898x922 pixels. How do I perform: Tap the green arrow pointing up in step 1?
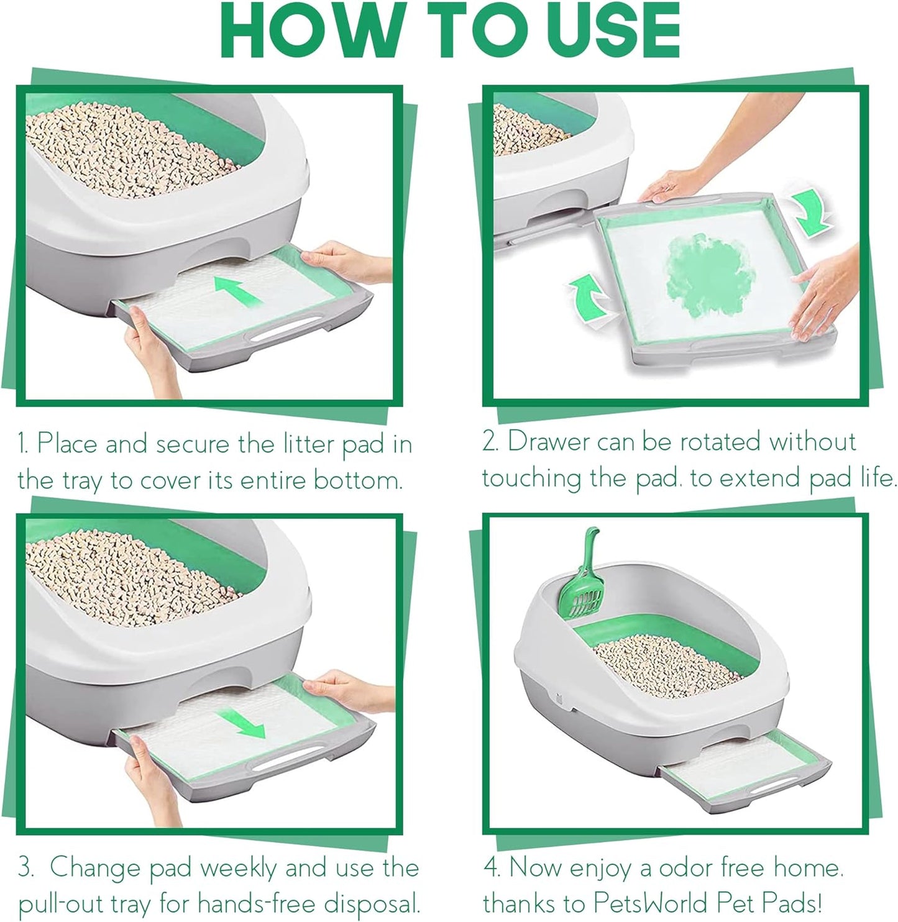(x=239, y=293)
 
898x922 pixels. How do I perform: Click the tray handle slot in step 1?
(x=283, y=335)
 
